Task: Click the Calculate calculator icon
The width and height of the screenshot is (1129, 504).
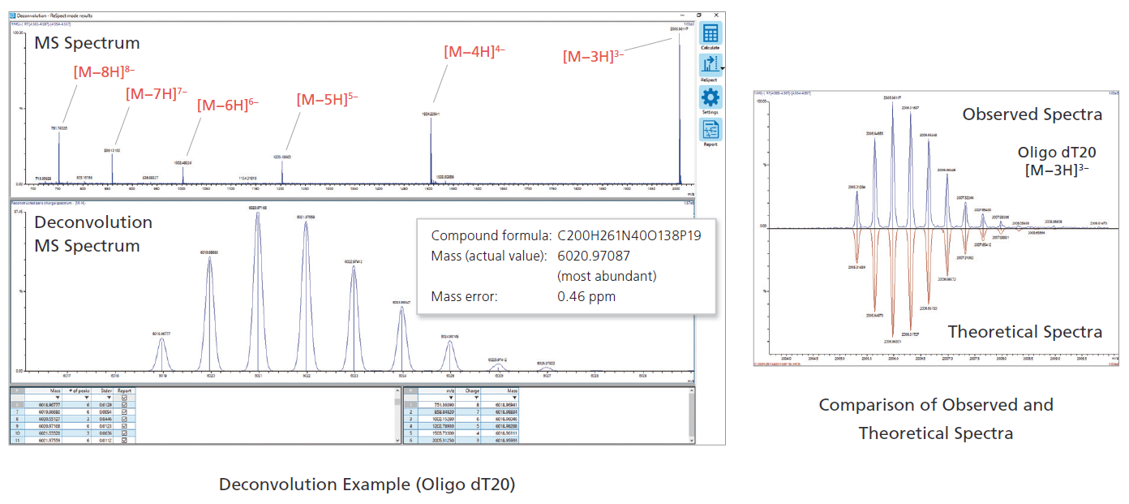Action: point(710,34)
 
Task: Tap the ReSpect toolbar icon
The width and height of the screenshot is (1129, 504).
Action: point(710,66)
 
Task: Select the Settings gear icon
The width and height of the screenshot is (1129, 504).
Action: point(710,98)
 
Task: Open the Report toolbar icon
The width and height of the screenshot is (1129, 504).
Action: point(710,130)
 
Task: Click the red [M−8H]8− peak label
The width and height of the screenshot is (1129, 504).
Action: point(104,71)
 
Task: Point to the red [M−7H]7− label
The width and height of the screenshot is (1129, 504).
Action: point(157,93)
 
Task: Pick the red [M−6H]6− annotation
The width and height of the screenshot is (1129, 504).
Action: point(228,106)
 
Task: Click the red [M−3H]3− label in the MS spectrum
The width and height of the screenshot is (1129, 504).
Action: point(594,56)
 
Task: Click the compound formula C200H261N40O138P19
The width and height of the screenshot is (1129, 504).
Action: point(629,236)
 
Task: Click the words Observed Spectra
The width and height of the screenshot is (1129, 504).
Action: point(1032,114)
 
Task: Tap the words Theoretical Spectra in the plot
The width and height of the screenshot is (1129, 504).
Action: point(1024,332)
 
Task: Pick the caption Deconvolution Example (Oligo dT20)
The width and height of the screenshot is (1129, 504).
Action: point(367,485)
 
